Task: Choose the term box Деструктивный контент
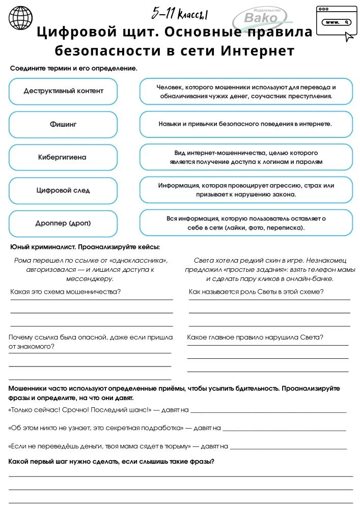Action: click(63, 91)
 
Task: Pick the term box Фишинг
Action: click(63, 124)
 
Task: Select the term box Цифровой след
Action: click(63, 190)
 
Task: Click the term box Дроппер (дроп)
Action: click(63, 223)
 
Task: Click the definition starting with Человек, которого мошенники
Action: click(246, 91)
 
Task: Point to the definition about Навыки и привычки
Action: click(246, 124)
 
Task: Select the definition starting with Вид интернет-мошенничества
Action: click(246, 157)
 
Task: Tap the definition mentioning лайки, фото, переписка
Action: click(246, 223)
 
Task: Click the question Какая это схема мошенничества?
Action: click(65, 292)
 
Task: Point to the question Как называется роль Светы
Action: click(256, 292)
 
